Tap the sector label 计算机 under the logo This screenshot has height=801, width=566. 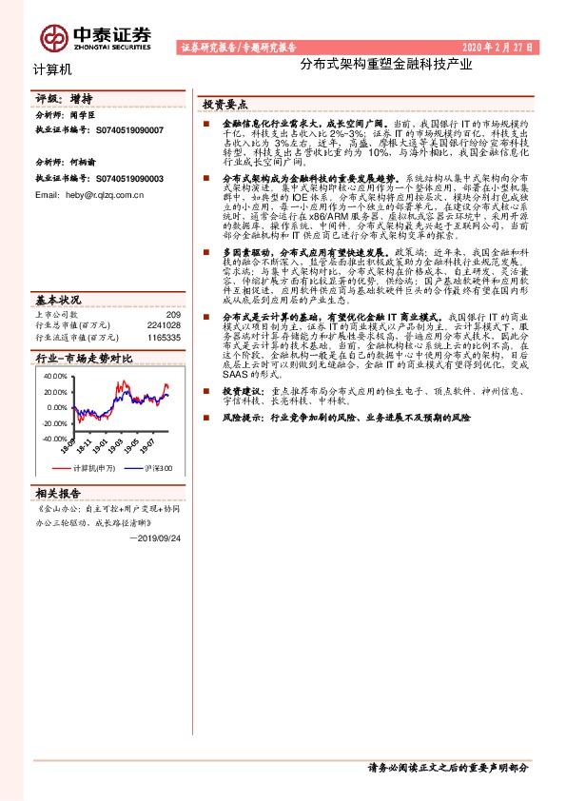tap(51, 68)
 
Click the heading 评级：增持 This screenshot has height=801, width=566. tap(64, 98)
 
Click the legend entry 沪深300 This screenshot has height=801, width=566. tap(158, 468)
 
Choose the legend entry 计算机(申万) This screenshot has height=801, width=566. tap(93, 468)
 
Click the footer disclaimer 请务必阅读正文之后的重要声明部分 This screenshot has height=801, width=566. tap(447, 767)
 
